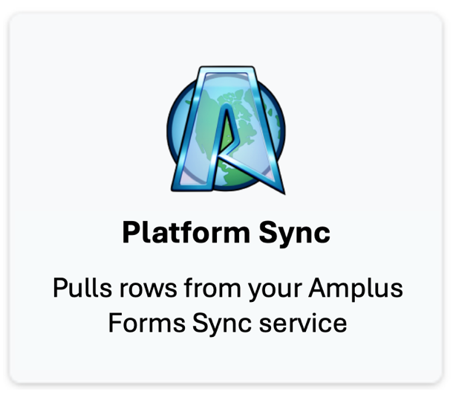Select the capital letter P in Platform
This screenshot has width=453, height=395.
click(131, 233)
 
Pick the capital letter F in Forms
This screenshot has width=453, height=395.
click(117, 324)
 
